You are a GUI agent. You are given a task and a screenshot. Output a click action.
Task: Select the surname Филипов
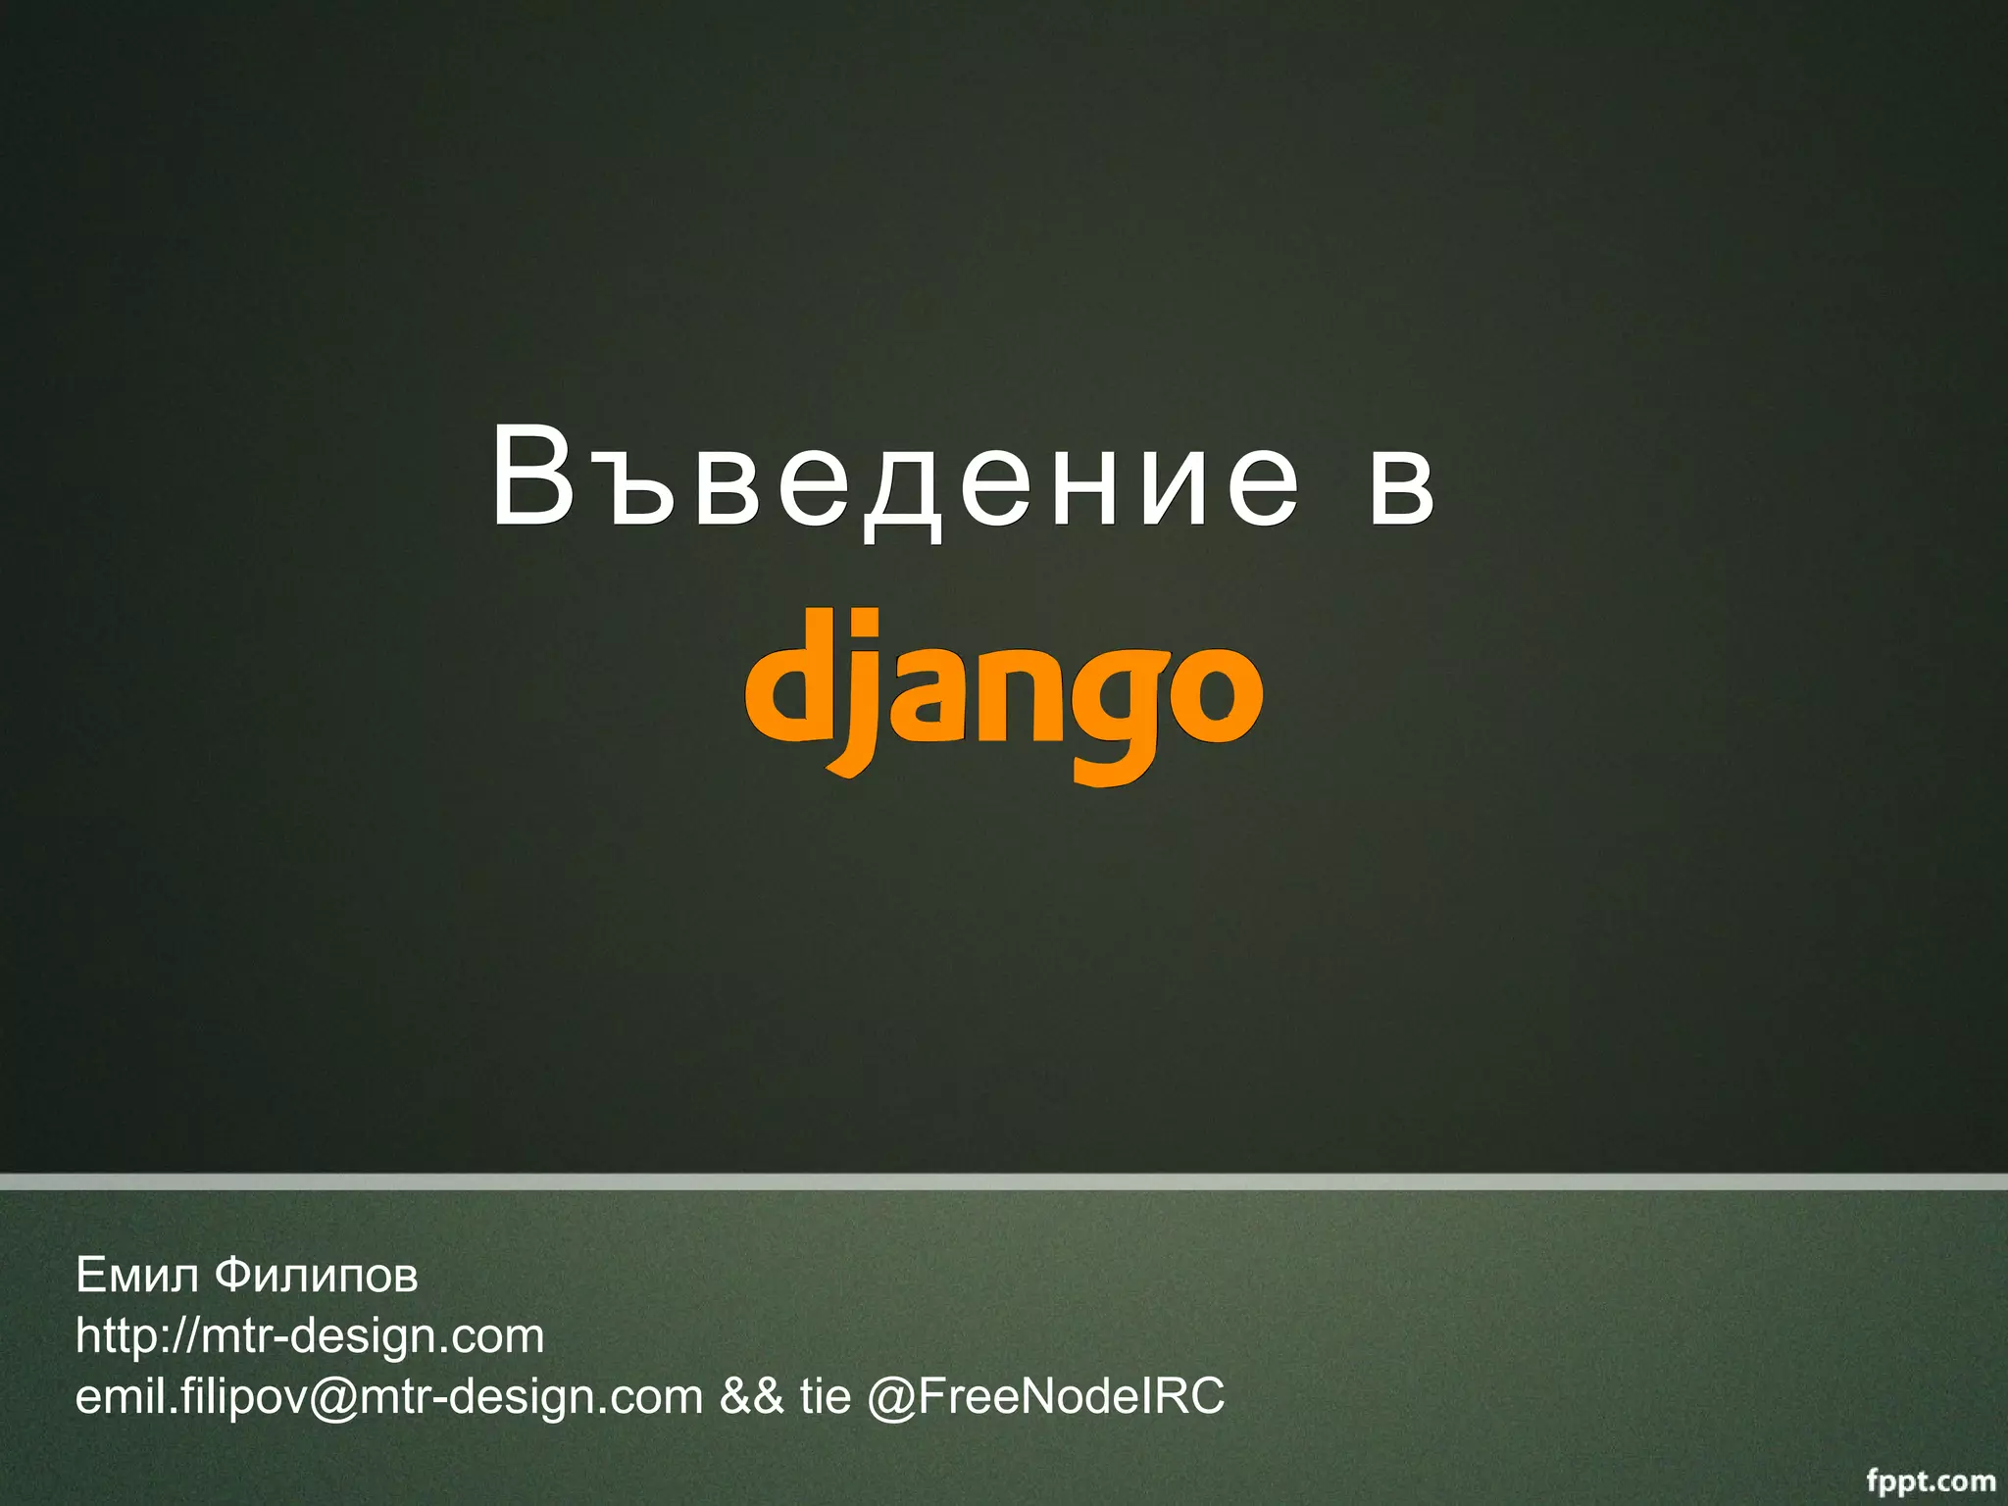pyautogui.click(x=316, y=1276)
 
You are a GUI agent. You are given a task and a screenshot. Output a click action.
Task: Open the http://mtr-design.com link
pyautogui.click(x=310, y=1335)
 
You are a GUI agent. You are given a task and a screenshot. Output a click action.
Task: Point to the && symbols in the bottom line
pyautogui.click(x=752, y=1396)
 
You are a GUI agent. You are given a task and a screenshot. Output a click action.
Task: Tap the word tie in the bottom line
pyautogui.click(x=825, y=1396)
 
